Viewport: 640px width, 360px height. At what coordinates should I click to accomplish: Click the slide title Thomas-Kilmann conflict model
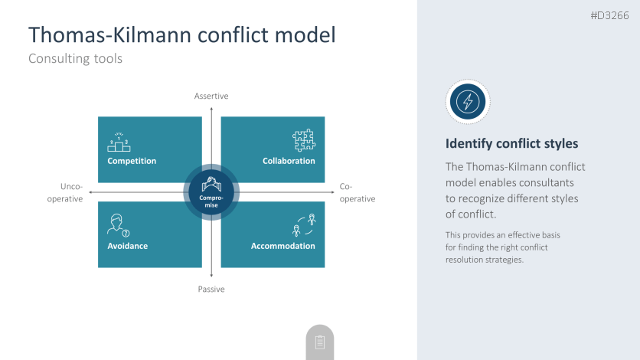(181, 34)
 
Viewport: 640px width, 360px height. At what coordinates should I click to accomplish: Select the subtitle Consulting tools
(75, 58)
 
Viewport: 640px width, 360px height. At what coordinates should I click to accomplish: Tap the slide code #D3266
(611, 15)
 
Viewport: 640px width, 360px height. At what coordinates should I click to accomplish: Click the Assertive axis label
(211, 96)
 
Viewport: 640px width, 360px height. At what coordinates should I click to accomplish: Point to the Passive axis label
(211, 289)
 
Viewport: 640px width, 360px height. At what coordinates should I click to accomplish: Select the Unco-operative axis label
(70, 192)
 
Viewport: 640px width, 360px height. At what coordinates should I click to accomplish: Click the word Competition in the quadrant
(132, 161)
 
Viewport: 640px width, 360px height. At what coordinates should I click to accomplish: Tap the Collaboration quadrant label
(289, 161)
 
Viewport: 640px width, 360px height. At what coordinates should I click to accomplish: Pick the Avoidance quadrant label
(128, 246)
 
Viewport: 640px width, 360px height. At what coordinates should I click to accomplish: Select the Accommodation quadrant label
(283, 246)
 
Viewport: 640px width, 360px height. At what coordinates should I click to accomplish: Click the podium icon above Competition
(119, 142)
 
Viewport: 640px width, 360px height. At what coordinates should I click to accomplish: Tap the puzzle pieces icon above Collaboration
(304, 140)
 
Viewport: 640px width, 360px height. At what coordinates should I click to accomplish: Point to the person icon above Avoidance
(117, 225)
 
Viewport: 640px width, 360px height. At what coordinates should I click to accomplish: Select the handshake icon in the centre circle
(211, 184)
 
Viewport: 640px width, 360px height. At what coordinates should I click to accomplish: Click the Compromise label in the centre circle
(211, 201)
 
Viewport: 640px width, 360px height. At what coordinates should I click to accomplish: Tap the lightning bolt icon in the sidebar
(468, 101)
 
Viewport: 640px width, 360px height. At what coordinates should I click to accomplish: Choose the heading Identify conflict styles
(511, 143)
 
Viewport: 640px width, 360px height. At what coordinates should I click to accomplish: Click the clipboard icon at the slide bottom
(320, 342)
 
